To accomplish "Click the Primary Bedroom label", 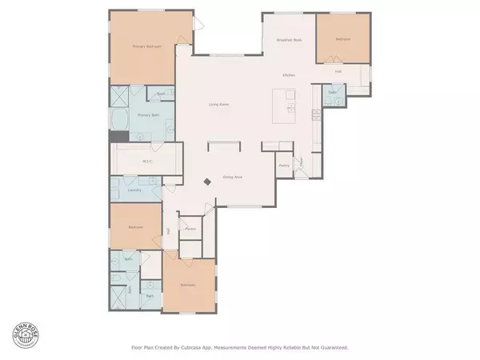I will tap(146, 46).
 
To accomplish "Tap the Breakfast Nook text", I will tap(289, 39).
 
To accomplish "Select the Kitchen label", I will tap(289, 75).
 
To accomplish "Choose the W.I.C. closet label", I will tap(147, 161).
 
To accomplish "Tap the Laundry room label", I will tap(135, 191).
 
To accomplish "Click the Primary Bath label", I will tap(145, 115).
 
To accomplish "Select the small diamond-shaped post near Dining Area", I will tap(207, 182).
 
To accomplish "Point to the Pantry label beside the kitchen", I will tap(283, 166).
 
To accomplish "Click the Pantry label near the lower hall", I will tap(190, 230).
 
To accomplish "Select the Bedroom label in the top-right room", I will tap(342, 38).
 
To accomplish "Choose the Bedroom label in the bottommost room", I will tap(188, 285).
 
